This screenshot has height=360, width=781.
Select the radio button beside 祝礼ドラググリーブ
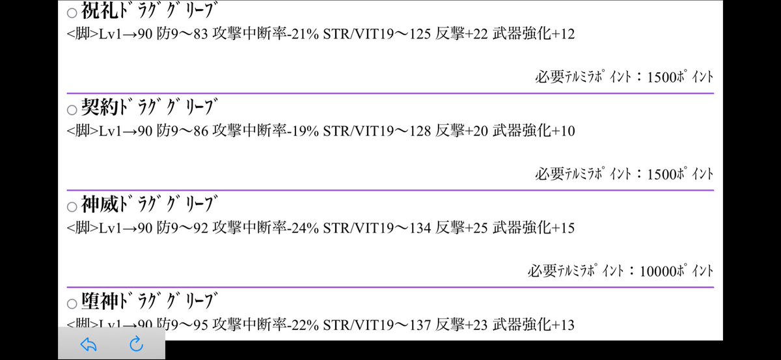coord(72,13)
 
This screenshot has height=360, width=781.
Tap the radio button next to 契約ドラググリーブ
coord(72,110)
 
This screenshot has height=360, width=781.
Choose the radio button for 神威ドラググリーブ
coord(72,207)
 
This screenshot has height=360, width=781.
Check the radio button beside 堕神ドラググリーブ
coord(72,304)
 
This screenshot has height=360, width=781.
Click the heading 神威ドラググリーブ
coord(149,204)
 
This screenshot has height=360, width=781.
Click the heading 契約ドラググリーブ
coord(149,107)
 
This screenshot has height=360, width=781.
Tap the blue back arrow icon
coord(89,344)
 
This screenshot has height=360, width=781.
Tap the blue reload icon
coord(136,344)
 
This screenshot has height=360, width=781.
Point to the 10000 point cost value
coord(658,271)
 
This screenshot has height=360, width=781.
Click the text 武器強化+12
coord(534,34)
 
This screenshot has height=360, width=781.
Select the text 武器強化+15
coord(534,228)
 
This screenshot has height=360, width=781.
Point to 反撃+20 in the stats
coord(461,131)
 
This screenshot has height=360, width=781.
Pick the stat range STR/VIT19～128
coord(377,131)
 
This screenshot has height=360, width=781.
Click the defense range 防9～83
coord(182,34)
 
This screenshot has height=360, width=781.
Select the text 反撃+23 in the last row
coord(461,325)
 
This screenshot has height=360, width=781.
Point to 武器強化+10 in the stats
coord(534,131)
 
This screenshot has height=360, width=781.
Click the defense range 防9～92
coord(182,228)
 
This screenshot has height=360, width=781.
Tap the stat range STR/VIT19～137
coord(377,325)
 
